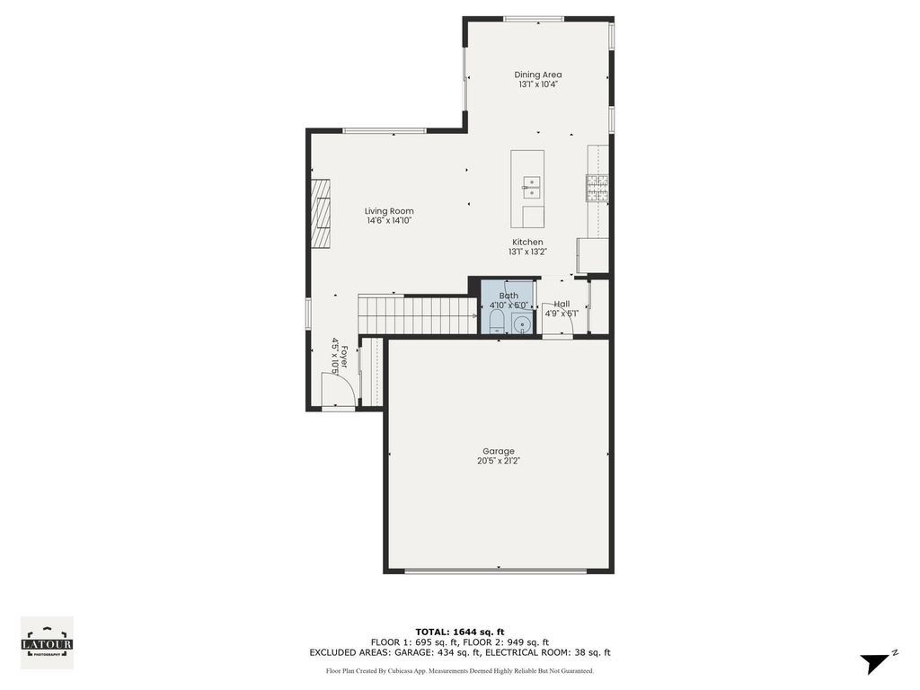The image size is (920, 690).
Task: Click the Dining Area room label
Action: [538, 75]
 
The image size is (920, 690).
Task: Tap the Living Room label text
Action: [389, 211]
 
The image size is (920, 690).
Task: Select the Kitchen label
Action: [527, 242]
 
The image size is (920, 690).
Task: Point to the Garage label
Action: [499, 451]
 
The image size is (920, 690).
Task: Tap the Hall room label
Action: [562, 304]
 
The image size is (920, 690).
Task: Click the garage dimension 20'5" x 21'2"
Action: [499, 461]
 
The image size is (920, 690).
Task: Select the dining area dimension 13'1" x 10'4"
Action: [538, 84]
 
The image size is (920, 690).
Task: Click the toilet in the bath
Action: [497, 323]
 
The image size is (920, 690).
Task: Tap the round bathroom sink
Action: [522, 323]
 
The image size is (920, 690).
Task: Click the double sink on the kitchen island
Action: [531, 187]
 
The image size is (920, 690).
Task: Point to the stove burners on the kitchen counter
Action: [597, 189]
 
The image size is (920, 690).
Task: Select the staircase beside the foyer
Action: [417, 315]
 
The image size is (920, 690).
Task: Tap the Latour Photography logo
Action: [47, 642]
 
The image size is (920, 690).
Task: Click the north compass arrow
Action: [875, 662]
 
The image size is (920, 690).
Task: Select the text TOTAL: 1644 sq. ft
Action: [460, 632]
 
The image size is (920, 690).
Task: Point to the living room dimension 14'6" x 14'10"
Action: [389, 221]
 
